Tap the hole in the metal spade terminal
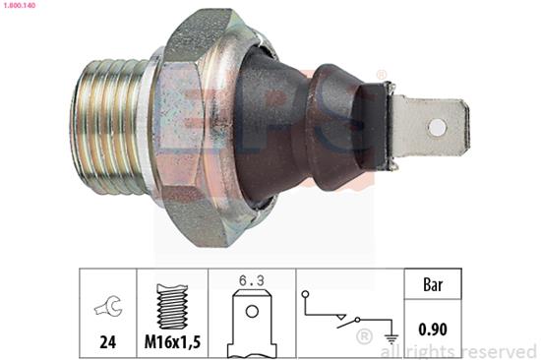click(x=437, y=127)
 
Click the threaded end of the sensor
click(x=111, y=125)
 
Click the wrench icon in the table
click(x=108, y=306)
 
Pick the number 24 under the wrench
click(x=107, y=342)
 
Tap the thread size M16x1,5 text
click(x=172, y=342)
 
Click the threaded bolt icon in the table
click(x=172, y=306)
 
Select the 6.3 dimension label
click(x=252, y=280)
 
